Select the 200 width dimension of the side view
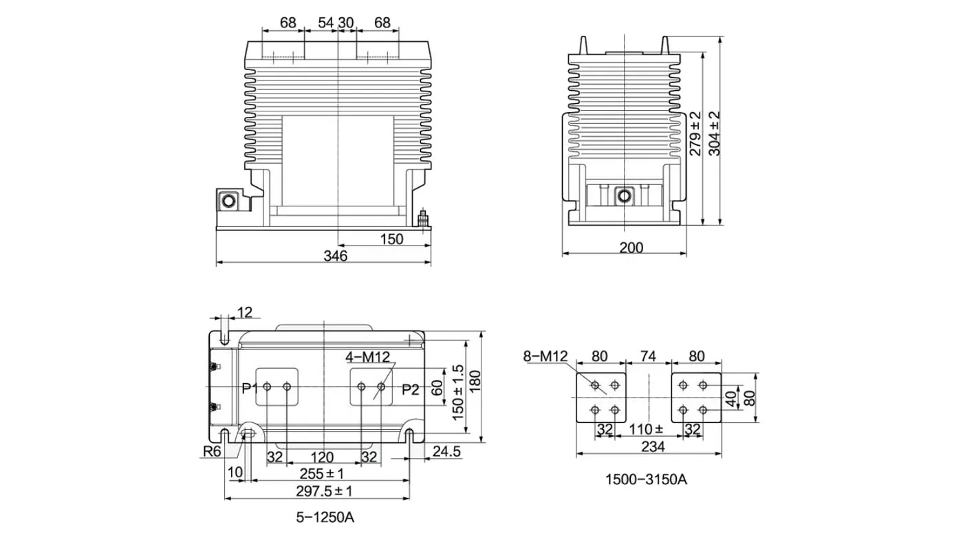(631, 248)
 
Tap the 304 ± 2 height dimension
(715, 133)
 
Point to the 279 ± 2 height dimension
(695, 133)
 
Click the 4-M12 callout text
(368, 357)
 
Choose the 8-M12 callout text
(544, 356)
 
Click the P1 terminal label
(250, 389)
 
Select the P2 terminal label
(411, 389)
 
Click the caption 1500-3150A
(646, 479)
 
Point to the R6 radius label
(212, 452)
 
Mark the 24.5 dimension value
(447, 451)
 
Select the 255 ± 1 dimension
(322, 474)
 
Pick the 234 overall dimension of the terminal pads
(652, 447)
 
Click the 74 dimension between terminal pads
(648, 356)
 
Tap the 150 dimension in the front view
(391, 239)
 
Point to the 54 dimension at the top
(326, 23)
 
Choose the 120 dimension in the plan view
(321, 457)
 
